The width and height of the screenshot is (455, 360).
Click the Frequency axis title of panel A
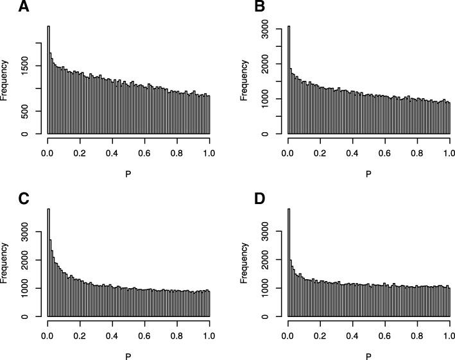[6, 80]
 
